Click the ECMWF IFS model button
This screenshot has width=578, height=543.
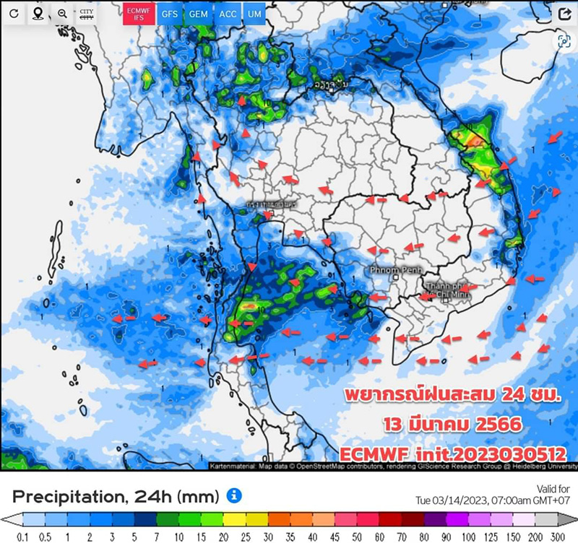click(137, 14)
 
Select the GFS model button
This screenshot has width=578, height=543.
click(169, 14)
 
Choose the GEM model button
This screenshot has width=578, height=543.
click(197, 14)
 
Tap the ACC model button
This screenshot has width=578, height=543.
click(227, 14)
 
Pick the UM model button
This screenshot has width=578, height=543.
click(254, 14)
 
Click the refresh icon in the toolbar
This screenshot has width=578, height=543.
click(14, 14)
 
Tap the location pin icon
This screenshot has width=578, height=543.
click(37, 14)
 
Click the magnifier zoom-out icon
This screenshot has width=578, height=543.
click(62, 14)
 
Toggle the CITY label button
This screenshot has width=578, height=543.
click(87, 14)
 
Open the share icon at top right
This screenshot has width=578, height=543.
click(564, 14)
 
